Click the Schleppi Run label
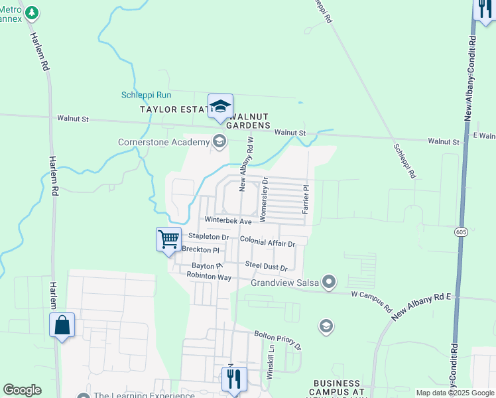146,95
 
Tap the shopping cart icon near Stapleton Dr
169,239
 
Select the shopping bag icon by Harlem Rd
62,325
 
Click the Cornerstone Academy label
164,141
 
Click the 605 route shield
462,232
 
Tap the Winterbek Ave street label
228,220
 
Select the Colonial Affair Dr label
267,242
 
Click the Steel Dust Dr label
266,266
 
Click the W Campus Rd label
371,299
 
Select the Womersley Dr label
264,198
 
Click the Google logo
22,390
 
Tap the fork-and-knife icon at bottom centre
233,379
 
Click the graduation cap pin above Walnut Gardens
220,106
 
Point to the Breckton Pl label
200,250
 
